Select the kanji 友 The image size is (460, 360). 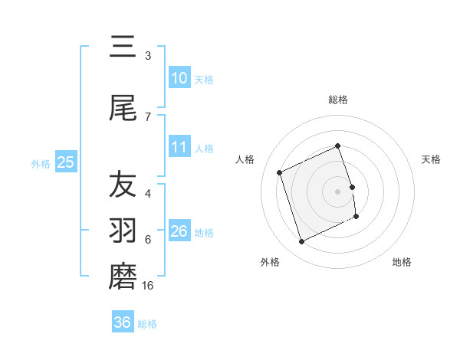123,185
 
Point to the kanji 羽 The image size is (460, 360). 123,231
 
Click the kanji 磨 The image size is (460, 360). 123,277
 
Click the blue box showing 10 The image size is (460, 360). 179,78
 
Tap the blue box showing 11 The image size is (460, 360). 179,147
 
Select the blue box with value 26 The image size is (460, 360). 179,231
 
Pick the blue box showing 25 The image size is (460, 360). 65,162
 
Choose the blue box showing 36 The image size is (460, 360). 123,322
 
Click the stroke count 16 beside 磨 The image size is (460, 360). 149,285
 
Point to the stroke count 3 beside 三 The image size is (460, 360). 148,55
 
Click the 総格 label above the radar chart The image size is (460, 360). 338,100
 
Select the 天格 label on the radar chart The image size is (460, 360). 432,159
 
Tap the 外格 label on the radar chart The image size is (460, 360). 270,262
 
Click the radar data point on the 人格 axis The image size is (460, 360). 280,172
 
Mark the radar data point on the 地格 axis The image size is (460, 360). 356,217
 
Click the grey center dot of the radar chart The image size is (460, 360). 338,191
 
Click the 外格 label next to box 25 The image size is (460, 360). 41,163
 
